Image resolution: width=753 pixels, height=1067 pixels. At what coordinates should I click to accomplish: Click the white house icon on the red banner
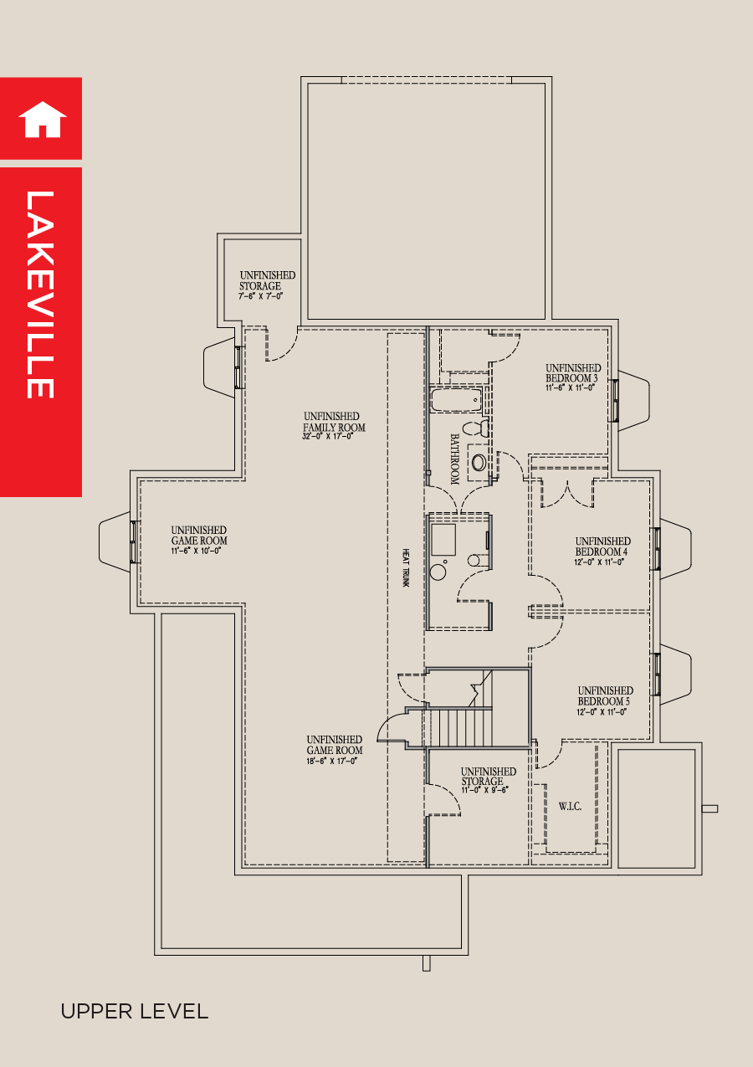(x=42, y=119)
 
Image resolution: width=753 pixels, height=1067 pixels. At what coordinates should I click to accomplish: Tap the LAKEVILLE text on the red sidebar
(x=40, y=295)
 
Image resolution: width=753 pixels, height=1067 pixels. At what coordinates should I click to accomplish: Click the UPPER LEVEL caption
(x=134, y=1011)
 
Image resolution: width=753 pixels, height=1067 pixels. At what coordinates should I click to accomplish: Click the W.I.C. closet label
(x=570, y=807)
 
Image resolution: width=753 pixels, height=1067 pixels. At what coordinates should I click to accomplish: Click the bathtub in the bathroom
(x=457, y=400)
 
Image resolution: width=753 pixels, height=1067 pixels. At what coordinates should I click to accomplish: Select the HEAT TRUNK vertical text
(x=405, y=567)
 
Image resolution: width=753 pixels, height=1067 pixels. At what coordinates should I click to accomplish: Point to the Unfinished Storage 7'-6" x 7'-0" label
(x=267, y=285)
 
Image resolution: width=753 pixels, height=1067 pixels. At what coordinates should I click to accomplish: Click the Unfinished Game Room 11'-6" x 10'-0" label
(x=198, y=536)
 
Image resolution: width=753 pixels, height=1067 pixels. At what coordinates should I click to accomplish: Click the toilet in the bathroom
(x=476, y=428)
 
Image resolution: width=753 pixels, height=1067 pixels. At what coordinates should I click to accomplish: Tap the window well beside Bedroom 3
(x=633, y=400)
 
